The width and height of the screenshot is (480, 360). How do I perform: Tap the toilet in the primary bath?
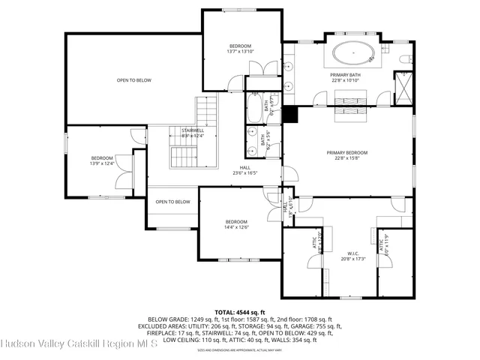coord(404,59)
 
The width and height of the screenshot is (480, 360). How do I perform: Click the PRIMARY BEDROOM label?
coord(346,152)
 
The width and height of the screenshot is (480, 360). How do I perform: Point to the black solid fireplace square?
coord(290,114)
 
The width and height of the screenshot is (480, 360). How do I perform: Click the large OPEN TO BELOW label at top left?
coord(134,80)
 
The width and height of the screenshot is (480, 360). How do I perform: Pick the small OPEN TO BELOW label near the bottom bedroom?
coord(172,202)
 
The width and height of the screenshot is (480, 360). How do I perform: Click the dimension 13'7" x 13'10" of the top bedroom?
coord(241,51)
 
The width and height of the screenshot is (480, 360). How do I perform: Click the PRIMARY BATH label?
coord(345,75)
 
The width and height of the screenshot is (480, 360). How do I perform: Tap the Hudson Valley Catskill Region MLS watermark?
coord(79,345)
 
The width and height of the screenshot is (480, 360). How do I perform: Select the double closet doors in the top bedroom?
coord(256,67)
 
